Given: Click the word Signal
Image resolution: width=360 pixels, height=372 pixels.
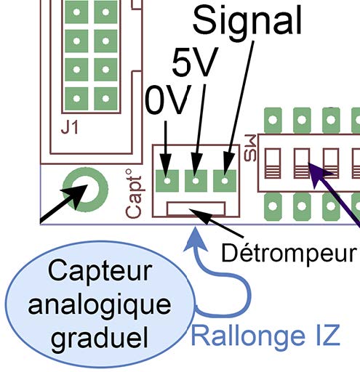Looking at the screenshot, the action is pyautogui.click(x=247, y=23).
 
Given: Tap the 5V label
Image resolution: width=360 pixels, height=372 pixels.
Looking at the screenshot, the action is pyautogui.click(x=195, y=62).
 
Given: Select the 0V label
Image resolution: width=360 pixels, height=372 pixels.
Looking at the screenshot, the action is pyautogui.click(x=168, y=100).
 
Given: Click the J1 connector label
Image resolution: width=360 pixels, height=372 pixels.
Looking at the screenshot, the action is pyautogui.click(x=70, y=128).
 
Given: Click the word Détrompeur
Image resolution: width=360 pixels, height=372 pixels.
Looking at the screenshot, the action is pyautogui.click(x=289, y=254).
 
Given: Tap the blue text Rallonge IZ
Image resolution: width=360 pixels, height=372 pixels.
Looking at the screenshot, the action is pyautogui.click(x=265, y=336).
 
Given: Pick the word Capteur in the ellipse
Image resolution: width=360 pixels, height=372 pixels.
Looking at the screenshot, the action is pyautogui.click(x=100, y=271).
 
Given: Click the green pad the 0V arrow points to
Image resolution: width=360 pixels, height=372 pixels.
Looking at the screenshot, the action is pyautogui.click(x=167, y=181).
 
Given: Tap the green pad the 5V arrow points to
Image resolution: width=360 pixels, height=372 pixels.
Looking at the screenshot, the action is pyautogui.click(x=196, y=181).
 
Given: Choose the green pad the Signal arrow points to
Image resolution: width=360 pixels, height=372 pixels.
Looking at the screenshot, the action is pyautogui.click(x=225, y=181).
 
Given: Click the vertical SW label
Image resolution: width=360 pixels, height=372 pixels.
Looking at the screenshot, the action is pyautogui.click(x=250, y=148).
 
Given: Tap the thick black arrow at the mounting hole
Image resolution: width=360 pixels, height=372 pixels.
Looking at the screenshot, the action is pyautogui.click(x=63, y=204).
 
